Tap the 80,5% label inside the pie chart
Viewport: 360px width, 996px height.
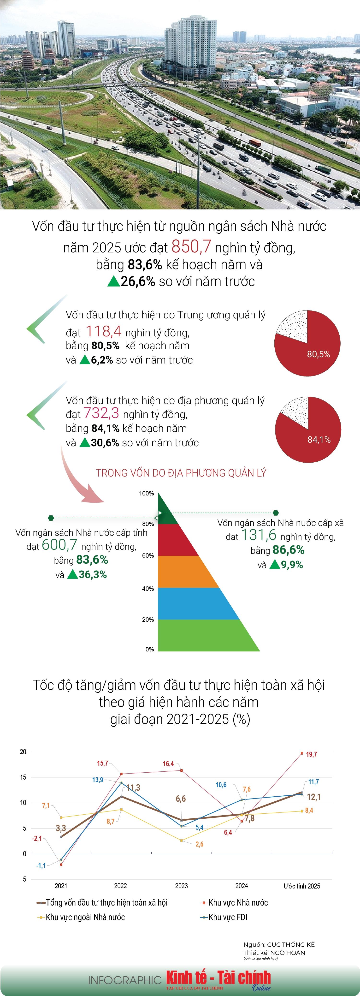point(318,354)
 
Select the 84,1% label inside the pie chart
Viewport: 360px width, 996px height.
point(319,440)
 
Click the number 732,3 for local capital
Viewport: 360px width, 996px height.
point(101,413)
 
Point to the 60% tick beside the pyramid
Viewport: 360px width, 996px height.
point(148,556)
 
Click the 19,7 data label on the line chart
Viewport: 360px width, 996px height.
point(311,754)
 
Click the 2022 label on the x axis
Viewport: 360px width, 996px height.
point(120,886)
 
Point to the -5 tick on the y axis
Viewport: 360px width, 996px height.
point(24,879)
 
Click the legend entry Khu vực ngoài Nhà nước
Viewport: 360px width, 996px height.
point(85,917)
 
